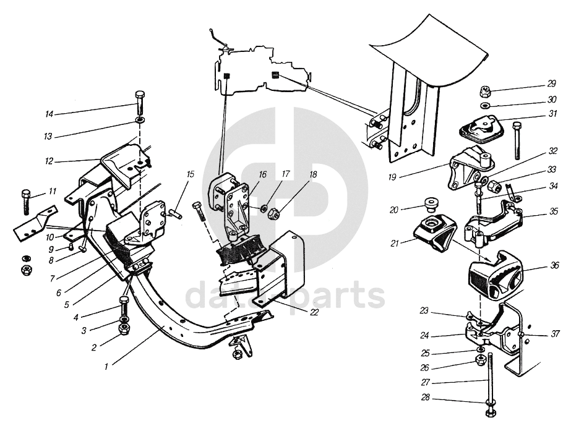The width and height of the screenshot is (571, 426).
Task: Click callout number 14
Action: (x=49, y=114)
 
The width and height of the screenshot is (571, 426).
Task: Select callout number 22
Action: (x=314, y=312)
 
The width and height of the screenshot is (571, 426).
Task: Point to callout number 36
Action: (x=555, y=265)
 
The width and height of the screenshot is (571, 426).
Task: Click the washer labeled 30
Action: (x=484, y=106)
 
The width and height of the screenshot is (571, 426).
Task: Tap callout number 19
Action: (x=392, y=177)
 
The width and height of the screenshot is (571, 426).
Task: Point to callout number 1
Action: (x=106, y=367)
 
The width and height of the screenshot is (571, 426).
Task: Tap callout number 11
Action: (x=53, y=192)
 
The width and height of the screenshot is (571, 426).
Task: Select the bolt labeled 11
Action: (x=26, y=202)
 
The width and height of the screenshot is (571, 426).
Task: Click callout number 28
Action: (x=426, y=398)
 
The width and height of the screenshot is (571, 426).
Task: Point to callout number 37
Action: (x=555, y=334)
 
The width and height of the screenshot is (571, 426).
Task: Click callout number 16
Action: (x=263, y=175)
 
